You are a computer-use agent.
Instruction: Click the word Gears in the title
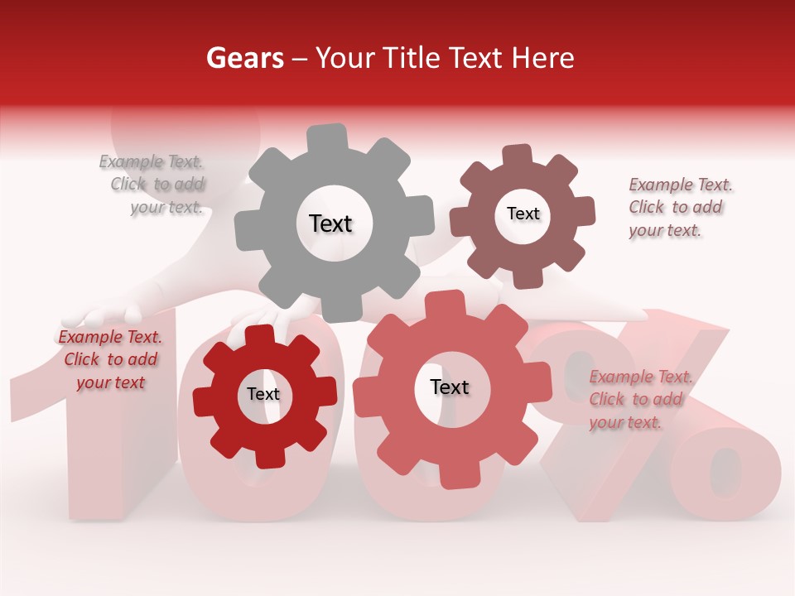click(244, 58)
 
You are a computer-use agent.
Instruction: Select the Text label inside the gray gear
click(330, 223)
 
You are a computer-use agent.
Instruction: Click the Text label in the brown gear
click(523, 214)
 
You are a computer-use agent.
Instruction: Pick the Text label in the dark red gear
click(263, 394)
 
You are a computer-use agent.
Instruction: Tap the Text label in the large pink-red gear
click(450, 387)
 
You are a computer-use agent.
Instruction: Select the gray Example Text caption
click(152, 185)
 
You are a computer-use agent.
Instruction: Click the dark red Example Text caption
click(110, 359)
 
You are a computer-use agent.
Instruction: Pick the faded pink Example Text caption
click(639, 400)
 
